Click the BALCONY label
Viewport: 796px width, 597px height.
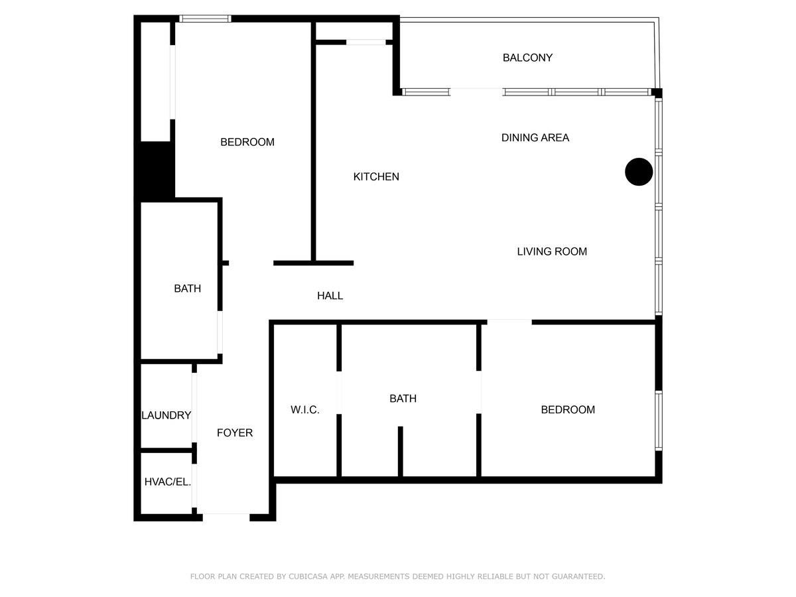pos(527,58)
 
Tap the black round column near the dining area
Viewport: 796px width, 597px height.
pos(639,172)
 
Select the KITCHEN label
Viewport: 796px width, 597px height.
pos(376,176)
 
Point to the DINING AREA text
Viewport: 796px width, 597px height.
pos(535,138)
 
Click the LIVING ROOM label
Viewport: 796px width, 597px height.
pos(552,251)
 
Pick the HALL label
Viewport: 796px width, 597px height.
pos(330,296)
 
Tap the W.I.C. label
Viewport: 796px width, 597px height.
pos(305,410)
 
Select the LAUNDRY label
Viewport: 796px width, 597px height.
pos(166,415)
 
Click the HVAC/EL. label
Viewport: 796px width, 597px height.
pos(167,482)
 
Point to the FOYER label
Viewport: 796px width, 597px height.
pos(235,432)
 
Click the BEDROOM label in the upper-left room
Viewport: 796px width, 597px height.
pos(247,142)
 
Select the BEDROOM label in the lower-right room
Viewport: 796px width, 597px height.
pos(568,410)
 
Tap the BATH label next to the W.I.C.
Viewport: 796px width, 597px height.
pos(403,399)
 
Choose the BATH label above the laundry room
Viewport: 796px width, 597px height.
pos(187,289)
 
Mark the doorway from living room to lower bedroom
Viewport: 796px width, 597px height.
pos(509,322)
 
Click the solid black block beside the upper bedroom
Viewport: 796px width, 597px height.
pos(157,170)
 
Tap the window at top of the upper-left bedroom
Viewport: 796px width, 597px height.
pos(205,19)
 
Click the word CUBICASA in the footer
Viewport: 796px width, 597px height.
pos(310,576)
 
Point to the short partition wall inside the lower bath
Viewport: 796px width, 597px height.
pos(401,451)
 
